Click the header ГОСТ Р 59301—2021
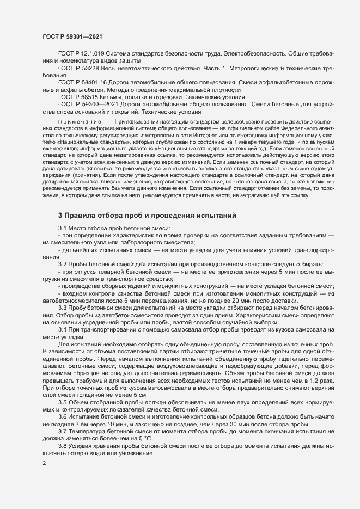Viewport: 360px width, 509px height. (x=72, y=36)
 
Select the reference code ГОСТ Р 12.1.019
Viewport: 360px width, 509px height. (x=81, y=54)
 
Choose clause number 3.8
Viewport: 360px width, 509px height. (x=63, y=431)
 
